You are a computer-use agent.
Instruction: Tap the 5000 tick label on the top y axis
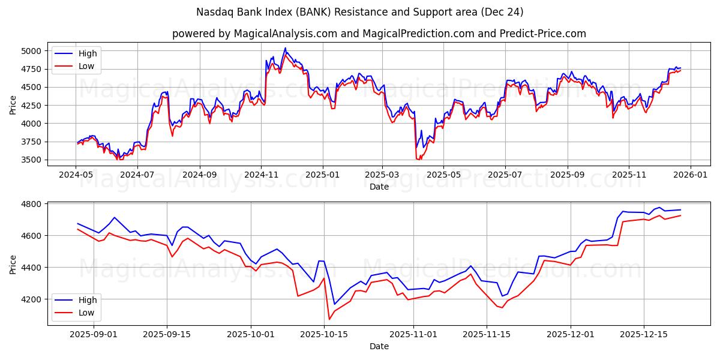click(32, 51)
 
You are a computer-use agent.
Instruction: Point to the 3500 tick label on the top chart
click(32, 160)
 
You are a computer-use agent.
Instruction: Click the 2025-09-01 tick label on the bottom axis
click(94, 334)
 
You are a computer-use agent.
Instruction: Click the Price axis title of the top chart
click(13, 106)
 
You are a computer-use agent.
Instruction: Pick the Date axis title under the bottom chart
click(379, 346)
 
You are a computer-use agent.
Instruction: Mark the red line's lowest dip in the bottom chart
click(329, 319)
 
